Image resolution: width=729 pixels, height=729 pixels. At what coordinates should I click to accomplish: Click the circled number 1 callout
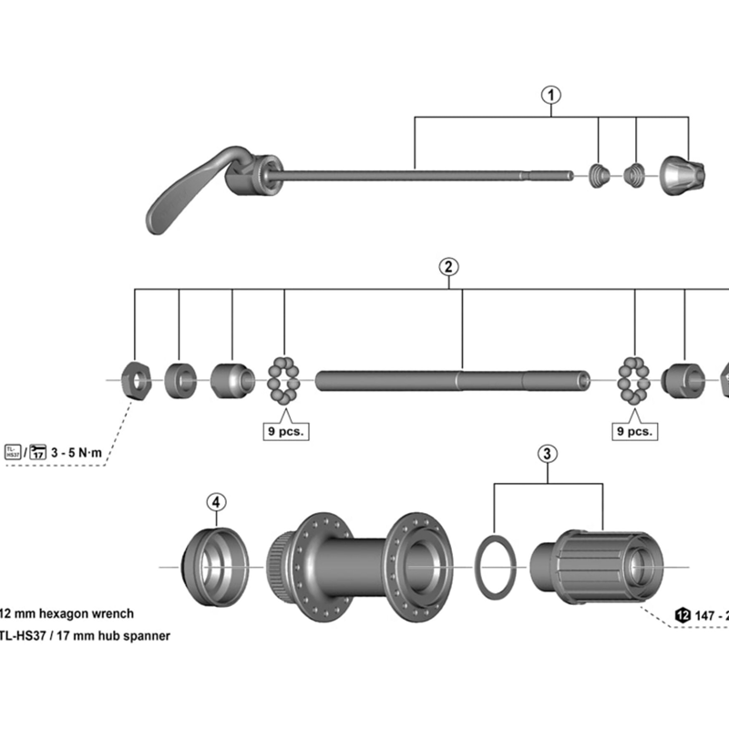tap(551, 93)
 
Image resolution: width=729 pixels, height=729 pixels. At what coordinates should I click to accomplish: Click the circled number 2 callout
tap(447, 266)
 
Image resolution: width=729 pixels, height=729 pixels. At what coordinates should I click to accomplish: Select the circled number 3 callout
tap(546, 453)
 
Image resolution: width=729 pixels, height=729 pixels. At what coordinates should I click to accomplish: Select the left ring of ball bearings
tap(284, 381)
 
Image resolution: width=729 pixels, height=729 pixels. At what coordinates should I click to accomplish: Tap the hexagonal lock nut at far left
tap(137, 378)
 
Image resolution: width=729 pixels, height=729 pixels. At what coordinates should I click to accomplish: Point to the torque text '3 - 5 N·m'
tap(85, 452)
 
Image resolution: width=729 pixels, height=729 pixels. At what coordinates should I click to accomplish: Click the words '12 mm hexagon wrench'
tap(68, 614)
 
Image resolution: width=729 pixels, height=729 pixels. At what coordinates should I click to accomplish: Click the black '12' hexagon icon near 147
tap(683, 615)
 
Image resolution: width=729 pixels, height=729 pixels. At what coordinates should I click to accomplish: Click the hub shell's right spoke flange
tap(420, 565)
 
